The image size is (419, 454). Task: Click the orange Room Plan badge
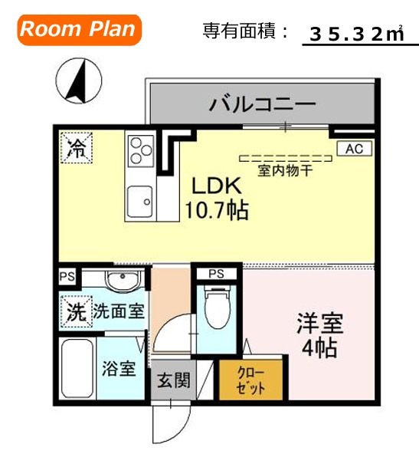point(78,30)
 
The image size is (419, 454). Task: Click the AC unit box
point(353,149)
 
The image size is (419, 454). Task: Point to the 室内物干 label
point(285,171)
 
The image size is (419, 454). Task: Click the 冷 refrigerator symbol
point(76,147)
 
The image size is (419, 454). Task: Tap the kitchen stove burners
point(141,150)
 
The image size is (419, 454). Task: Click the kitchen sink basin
point(139,202)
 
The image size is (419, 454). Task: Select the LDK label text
point(217,186)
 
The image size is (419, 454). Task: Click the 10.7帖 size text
point(217,209)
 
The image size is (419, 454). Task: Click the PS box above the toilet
point(217,273)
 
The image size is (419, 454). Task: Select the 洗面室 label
point(119,312)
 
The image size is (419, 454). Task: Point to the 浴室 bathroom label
point(119,368)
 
